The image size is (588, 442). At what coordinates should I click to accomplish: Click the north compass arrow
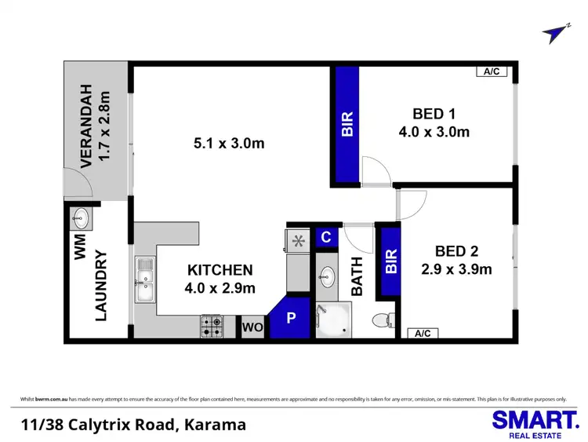[556, 32]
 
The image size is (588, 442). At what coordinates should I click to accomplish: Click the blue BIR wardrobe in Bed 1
[347, 125]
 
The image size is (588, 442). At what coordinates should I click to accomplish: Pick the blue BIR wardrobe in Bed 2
[390, 261]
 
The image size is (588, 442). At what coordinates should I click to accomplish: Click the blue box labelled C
[326, 237]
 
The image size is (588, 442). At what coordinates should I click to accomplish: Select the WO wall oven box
[251, 327]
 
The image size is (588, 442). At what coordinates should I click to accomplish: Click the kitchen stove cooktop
[212, 327]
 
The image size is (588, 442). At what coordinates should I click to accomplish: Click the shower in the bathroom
[333, 320]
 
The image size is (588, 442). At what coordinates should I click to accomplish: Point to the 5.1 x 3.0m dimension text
[229, 143]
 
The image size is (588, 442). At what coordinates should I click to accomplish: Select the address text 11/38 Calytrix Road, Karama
[133, 425]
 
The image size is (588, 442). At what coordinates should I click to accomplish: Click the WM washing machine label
[78, 250]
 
